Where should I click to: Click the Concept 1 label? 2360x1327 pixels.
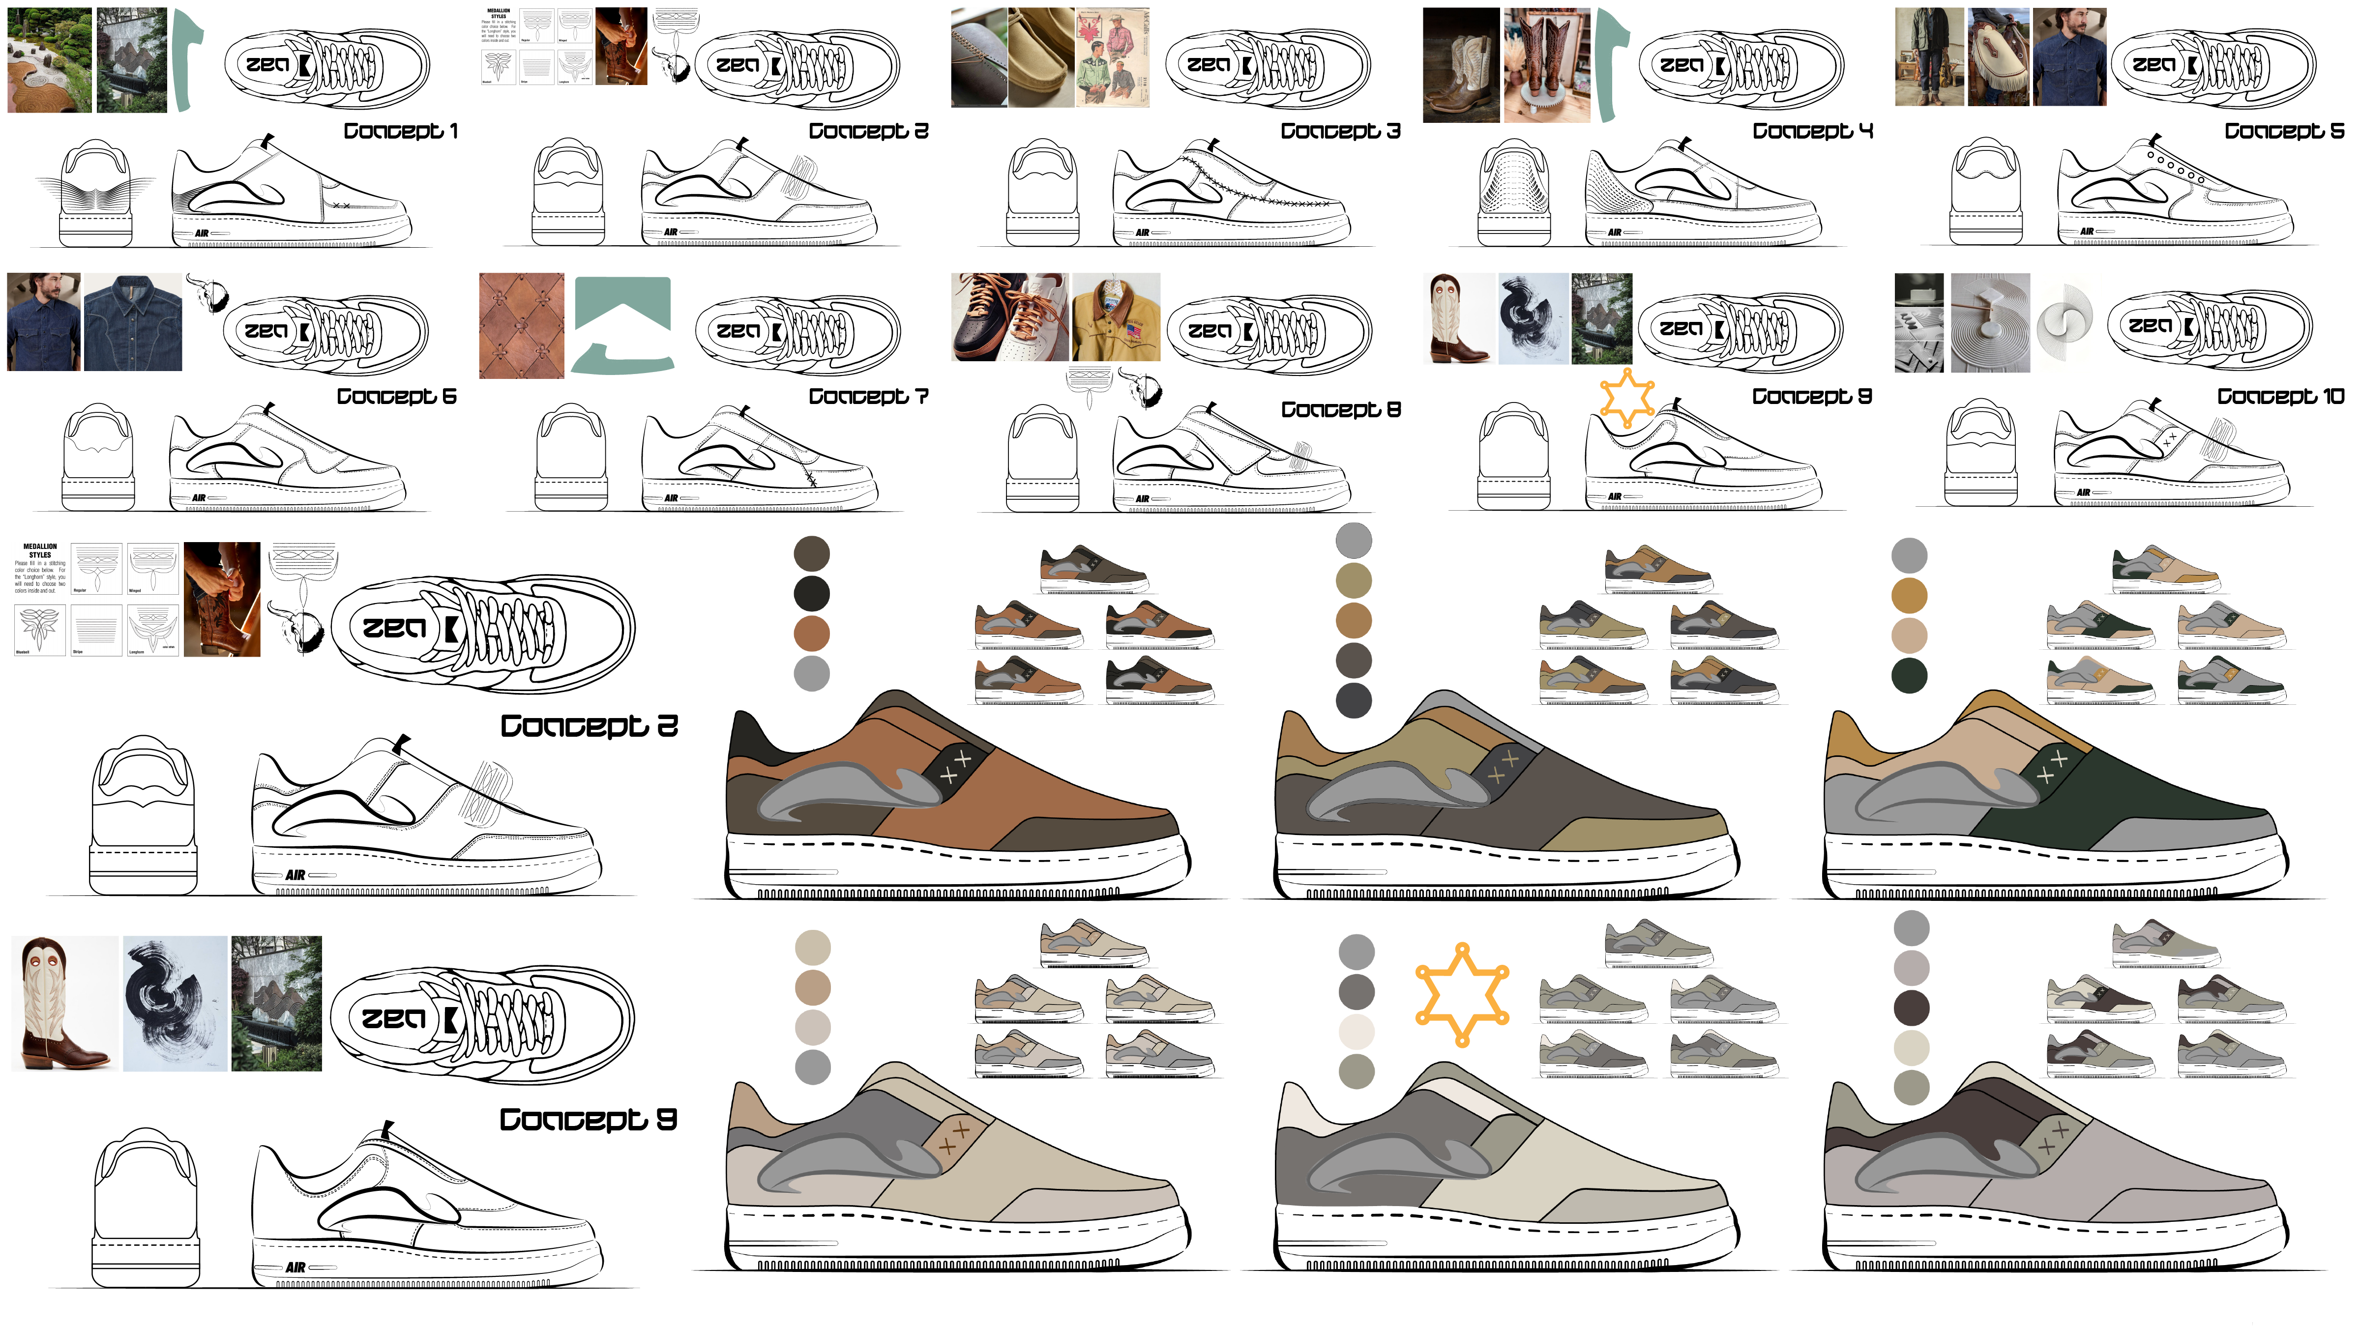point(400,131)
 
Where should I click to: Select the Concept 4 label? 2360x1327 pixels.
point(1812,131)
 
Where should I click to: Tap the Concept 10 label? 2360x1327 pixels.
point(2280,397)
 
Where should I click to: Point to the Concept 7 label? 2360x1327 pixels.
point(868,397)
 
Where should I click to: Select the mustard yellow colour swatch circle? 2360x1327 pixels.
point(1909,595)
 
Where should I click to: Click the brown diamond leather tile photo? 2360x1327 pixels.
point(521,325)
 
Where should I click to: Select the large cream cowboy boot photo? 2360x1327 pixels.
point(64,1003)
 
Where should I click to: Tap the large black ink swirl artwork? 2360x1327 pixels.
point(174,1003)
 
